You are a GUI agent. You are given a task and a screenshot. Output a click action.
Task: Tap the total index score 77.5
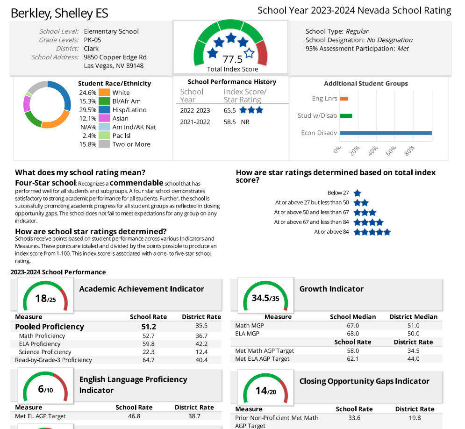pyautogui.click(x=232, y=59)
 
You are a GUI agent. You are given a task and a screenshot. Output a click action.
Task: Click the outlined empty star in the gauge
pyautogui.click(x=249, y=53)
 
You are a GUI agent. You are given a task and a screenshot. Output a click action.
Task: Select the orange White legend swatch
pyautogui.click(x=104, y=93)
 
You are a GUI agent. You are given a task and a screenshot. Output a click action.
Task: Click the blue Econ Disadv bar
pyautogui.click(x=386, y=133)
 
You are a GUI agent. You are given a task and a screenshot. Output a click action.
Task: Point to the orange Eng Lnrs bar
pyautogui.click(x=344, y=99)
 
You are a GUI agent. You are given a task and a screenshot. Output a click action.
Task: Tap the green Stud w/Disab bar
pyautogui.click(x=346, y=116)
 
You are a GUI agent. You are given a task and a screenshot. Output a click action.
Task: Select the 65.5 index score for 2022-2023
pyautogui.click(x=229, y=111)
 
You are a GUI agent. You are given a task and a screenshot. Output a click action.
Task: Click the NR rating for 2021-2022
pyautogui.click(x=245, y=122)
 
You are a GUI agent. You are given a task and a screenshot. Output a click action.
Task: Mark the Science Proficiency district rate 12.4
pyautogui.click(x=201, y=352)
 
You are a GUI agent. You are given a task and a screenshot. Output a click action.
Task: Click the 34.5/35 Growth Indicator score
pyautogui.click(x=265, y=298)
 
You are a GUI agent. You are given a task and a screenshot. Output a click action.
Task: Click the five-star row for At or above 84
pyautogui.click(x=372, y=232)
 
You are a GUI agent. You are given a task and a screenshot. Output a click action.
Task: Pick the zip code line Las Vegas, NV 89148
pyautogui.click(x=114, y=66)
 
